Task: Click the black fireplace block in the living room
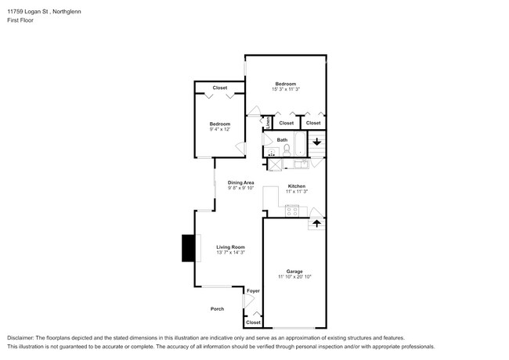click(188, 248)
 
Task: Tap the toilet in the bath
click(287, 149)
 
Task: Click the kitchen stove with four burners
click(292, 209)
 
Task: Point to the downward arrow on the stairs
click(316, 142)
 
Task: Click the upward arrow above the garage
click(316, 223)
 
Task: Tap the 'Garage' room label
click(294, 272)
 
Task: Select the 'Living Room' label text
click(231, 247)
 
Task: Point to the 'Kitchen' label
click(296, 186)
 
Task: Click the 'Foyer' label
click(253, 290)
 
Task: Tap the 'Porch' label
click(217, 308)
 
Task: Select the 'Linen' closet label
click(268, 122)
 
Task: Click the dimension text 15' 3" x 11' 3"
click(285, 89)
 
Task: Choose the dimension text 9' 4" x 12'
click(219, 129)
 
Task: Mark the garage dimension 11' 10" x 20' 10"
click(294, 277)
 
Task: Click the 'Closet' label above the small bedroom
click(220, 88)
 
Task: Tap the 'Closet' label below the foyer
click(253, 322)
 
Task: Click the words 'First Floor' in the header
click(20, 20)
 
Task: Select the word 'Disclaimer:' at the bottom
click(25, 338)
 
